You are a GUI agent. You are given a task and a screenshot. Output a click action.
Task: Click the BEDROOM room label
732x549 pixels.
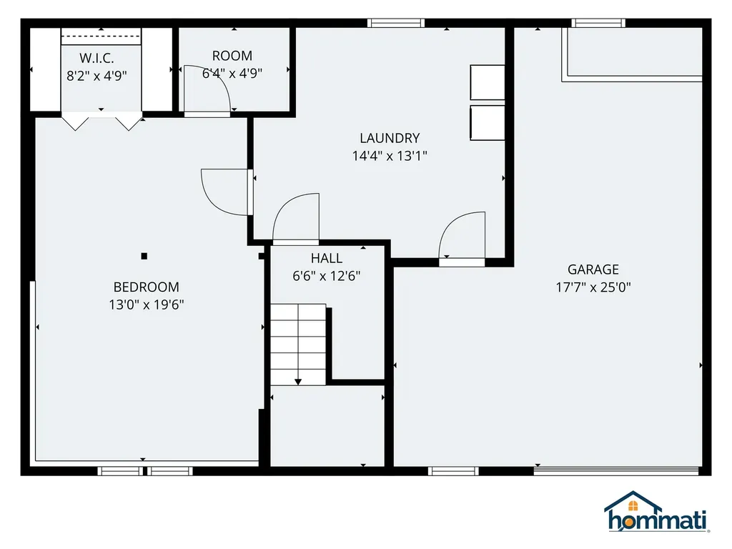tap(147, 287)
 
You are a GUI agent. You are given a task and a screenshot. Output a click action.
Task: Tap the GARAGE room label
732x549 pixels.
tap(593, 269)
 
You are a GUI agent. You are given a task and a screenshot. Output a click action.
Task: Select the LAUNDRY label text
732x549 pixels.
tap(390, 138)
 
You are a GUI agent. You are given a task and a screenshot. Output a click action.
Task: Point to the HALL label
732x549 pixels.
tap(327, 259)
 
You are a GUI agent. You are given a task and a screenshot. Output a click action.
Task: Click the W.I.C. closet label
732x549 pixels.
tap(97, 56)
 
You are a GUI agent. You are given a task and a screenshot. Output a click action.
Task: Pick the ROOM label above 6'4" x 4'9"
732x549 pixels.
tap(232, 56)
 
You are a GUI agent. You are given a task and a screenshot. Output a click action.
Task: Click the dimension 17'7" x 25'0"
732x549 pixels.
tap(593, 287)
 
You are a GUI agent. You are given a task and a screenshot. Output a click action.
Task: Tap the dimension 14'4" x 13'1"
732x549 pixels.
tap(390, 156)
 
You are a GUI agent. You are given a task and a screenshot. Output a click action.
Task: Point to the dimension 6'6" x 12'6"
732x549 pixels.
tap(327, 277)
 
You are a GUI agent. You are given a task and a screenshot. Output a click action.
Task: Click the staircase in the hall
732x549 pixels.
tap(297, 343)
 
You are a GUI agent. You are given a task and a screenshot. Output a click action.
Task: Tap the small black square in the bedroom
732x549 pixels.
tap(144, 255)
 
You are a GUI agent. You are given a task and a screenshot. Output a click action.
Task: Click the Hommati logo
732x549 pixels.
tap(656, 513)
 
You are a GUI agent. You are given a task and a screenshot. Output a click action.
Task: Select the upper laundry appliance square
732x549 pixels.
tap(488, 82)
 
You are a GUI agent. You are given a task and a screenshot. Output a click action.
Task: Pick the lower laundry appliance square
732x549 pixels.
tap(488, 123)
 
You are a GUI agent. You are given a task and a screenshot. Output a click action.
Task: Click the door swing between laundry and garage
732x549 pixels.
tap(463, 236)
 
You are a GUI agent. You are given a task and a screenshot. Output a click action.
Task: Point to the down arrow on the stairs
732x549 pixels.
tap(298, 381)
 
